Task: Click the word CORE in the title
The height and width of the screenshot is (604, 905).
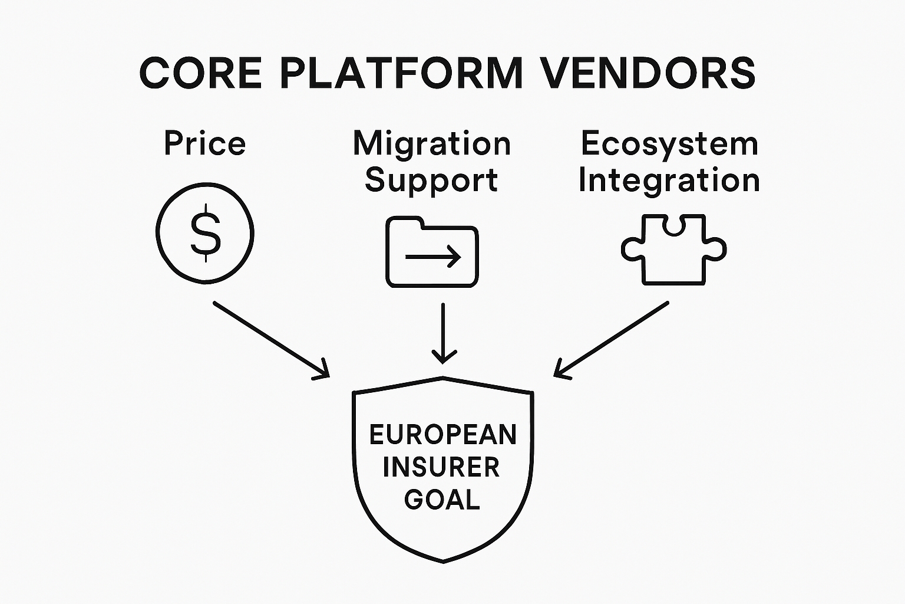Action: tap(200, 73)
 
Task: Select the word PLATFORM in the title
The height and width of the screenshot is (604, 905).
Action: tap(401, 73)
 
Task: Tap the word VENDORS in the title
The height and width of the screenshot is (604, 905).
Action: tap(648, 73)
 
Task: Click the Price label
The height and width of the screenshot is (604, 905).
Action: tap(204, 143)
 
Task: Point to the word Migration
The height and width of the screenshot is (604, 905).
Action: tap(431, 143)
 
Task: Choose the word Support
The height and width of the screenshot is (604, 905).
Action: tap(431, 180)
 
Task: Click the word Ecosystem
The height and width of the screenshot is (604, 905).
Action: tap(669, 143)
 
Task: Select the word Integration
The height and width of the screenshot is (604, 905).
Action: tap(669, 180)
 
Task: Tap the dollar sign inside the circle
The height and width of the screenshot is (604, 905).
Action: tap(205, 232)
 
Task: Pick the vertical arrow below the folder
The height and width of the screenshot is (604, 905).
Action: tap(444, 334)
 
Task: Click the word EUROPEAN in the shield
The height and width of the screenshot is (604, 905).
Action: tap(442, 435)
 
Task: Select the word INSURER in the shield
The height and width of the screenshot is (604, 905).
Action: tap(441, 468)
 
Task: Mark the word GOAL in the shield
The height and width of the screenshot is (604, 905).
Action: tap(442, 500)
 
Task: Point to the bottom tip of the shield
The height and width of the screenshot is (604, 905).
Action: tap(443, 560)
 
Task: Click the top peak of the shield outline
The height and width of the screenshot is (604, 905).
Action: tap(442, 377)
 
